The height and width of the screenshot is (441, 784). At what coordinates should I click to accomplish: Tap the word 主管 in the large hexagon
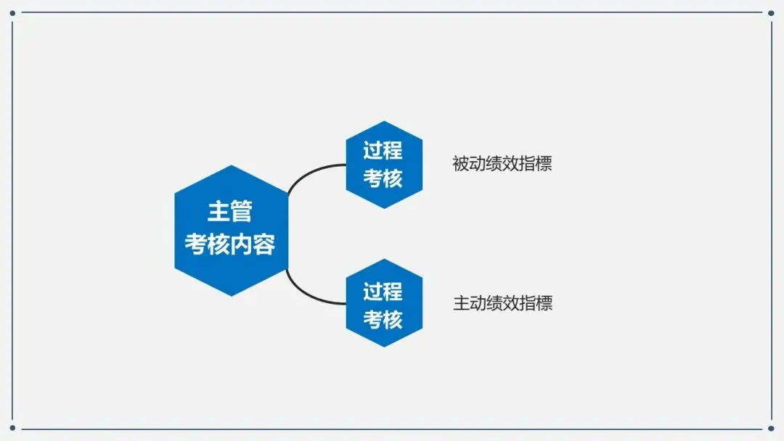pos(230,212)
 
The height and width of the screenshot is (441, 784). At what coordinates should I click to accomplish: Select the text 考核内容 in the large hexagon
pos(230,244)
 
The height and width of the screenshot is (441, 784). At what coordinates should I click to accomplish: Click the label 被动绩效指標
pos(502,164)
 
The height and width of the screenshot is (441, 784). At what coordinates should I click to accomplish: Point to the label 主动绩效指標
pos(502,303)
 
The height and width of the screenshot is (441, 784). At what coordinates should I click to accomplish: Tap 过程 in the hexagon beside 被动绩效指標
pos(383,151)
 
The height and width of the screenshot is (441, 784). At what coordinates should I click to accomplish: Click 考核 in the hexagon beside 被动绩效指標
pos(383,178)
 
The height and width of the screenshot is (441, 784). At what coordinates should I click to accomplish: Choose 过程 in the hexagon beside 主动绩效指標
pos(383,292)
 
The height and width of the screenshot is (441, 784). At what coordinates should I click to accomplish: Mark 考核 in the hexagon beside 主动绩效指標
pos(383,319)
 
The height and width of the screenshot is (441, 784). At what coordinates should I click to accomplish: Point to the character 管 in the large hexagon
pos(242,212)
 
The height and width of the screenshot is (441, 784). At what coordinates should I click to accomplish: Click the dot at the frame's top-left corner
pos(12,12)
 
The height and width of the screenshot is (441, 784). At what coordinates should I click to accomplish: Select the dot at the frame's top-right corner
pos(771,12)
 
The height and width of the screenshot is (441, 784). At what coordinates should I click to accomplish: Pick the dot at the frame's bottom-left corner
pos(12,429)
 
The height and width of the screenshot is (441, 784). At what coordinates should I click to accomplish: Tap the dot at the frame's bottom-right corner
pos(771,429)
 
